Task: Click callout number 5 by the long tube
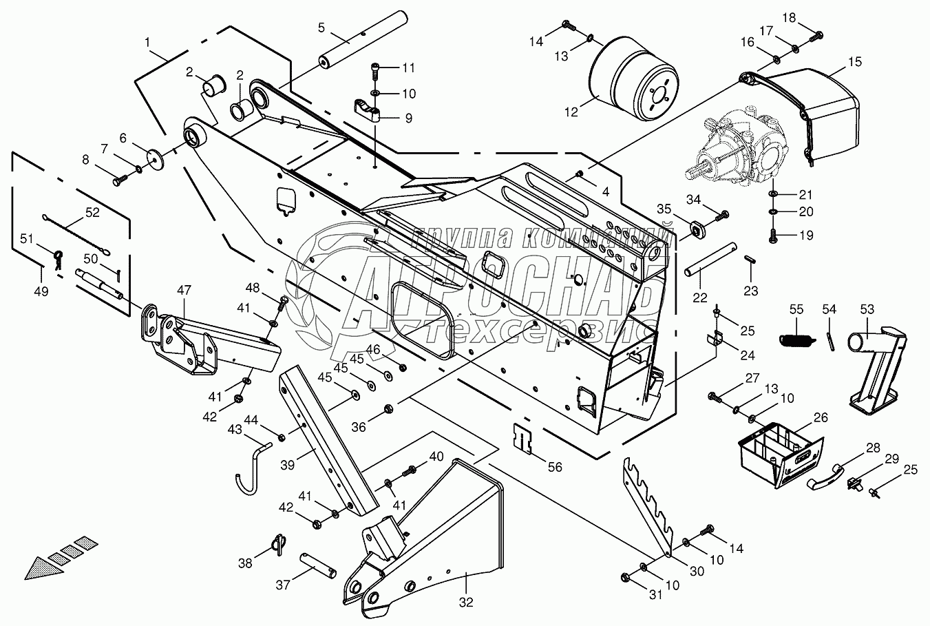click(x=321, y=28)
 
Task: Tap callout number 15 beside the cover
click(x=854, y=61)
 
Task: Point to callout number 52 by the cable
click(x=92, y=213)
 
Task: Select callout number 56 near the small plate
click(x=555, y=467)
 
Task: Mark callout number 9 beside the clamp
click(x=408, y=118)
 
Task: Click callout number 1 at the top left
click(x=147, y=43)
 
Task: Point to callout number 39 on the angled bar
click(x=287, y=465)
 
